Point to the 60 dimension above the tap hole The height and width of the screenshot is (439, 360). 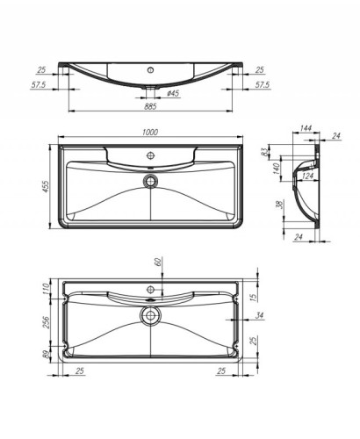pos(158,263)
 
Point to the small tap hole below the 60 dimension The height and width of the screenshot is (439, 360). pos(150,288)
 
